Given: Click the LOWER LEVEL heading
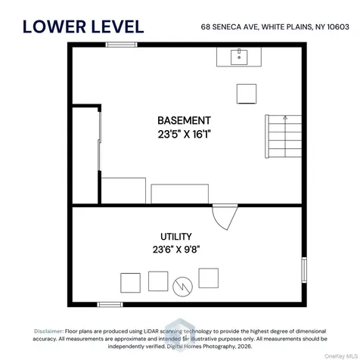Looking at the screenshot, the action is click(83, 26).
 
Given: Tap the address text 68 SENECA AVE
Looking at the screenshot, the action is click(230, 27).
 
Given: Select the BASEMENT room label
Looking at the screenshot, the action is click(184, 120).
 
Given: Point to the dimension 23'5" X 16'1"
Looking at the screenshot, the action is click(184, 134).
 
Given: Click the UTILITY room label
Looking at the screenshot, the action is click(176, 237).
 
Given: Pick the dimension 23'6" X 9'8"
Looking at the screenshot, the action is click(176, 250).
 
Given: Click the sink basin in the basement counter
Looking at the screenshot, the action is click(239, 57).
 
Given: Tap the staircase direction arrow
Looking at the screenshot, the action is click(285, 136).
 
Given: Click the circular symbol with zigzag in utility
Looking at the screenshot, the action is click(182, 287).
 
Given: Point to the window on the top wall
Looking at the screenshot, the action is click(121, 45).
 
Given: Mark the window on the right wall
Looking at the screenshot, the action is click(304, 270).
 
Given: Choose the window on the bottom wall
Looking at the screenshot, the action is click(110, 305).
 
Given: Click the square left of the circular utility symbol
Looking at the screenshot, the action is click(158, 281).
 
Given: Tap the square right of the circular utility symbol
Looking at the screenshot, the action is click(209, 278).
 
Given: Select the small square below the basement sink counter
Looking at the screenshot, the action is click(247, 94).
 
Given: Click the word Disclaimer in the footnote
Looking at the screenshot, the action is click(48, 331).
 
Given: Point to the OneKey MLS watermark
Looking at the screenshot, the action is click(341, 356).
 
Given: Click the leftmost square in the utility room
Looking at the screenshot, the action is click(130, 283).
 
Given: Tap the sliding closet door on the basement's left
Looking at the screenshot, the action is click(100, 141).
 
